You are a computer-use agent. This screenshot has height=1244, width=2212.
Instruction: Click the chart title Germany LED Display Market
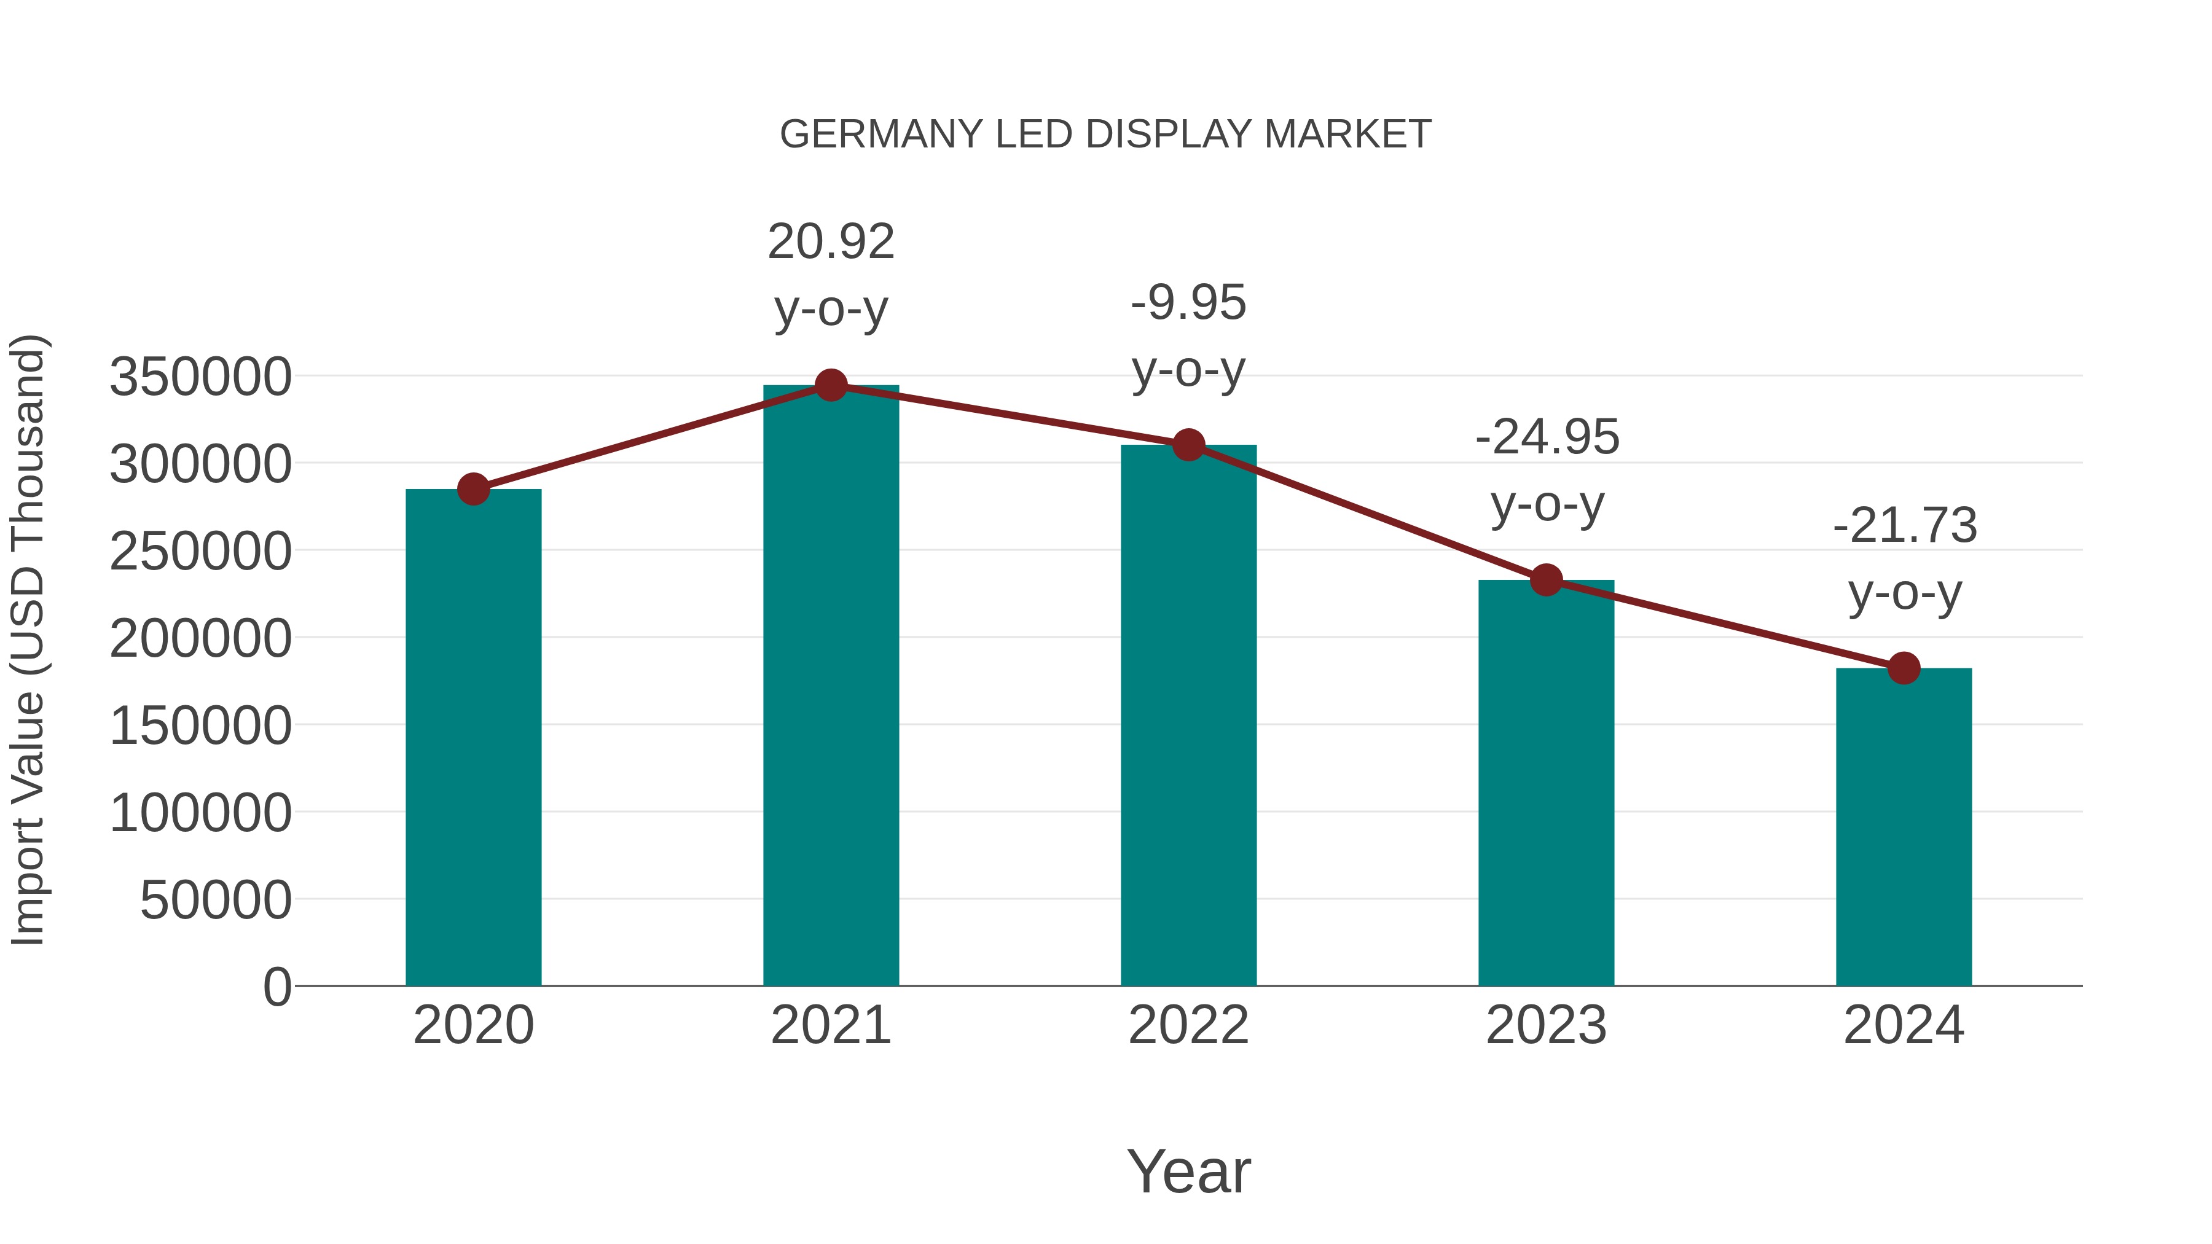(1105, 135)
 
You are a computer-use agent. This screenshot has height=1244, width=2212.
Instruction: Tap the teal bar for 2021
(830, 687)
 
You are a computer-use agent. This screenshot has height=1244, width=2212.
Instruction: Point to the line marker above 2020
(473, 490)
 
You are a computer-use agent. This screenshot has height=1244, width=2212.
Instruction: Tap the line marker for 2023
(1546, 581)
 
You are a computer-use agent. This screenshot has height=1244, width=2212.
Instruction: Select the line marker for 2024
(1904, 668)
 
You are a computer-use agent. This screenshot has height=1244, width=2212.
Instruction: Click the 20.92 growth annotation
(830, 242)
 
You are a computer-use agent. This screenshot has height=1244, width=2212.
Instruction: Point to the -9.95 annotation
(1188, 303)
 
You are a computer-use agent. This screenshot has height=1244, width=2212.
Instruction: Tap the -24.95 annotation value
(1547, 438)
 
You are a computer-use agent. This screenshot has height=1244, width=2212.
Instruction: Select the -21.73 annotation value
(1905, 526)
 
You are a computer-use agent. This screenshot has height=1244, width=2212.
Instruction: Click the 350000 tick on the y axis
(201, 377)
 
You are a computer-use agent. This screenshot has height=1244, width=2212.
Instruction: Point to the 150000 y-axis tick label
(201, 726)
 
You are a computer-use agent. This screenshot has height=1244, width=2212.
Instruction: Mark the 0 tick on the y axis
(277, 987)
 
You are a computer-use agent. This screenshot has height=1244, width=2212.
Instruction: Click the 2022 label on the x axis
(1188, 1025)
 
